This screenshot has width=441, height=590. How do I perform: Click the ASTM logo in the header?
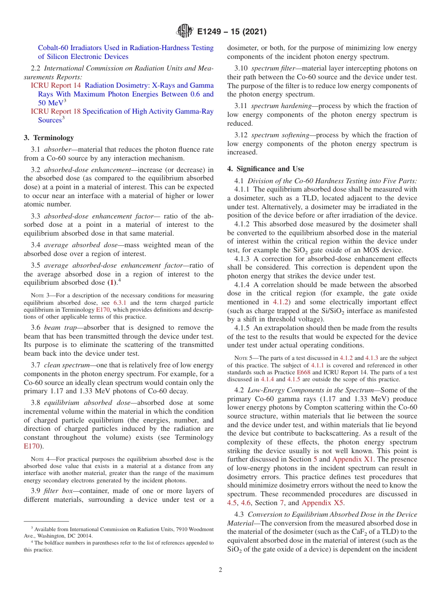[185, 32]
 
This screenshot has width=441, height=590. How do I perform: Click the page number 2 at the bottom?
[220, 570]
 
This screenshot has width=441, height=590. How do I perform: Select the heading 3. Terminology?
[49, 138]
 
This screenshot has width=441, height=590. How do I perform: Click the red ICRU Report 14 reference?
[56, 85]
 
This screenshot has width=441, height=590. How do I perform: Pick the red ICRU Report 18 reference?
[56, 111]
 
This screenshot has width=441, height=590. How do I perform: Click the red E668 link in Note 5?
[319, 372]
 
